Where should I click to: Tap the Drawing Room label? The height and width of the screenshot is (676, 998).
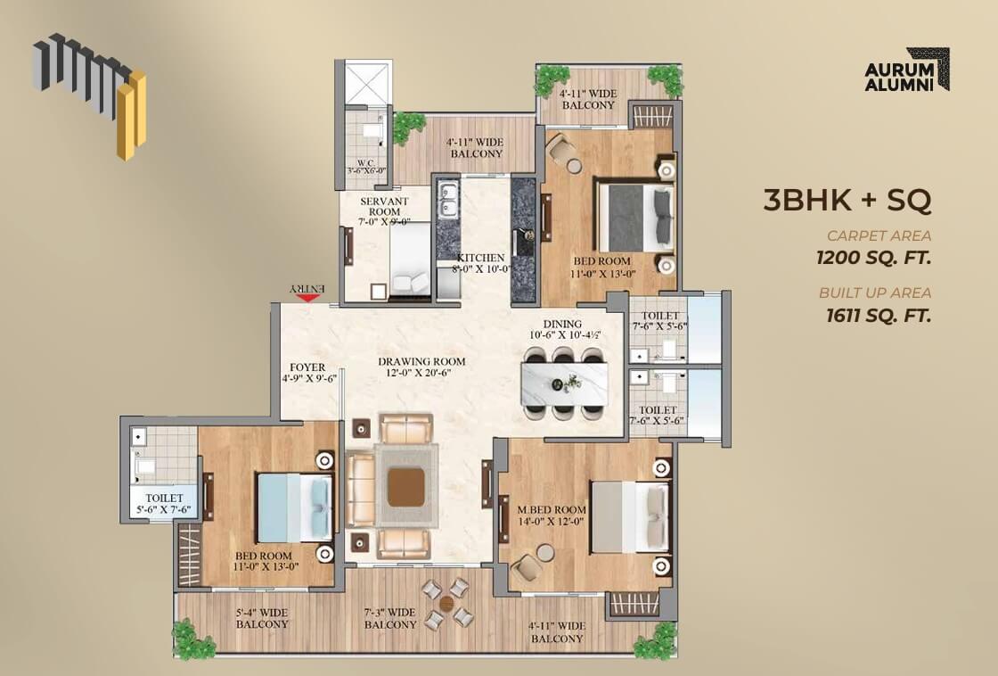tap(421, 367)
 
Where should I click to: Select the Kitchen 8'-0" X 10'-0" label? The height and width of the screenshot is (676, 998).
tap(482, 263)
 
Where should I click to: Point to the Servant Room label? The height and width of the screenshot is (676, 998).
tap(384, 211)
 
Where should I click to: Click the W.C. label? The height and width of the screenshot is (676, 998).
tap(365, 166)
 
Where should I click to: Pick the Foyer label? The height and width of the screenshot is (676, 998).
tap(308, 373)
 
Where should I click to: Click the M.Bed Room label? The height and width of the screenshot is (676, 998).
tap(552, 515)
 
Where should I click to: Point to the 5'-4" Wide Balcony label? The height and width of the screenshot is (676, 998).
tap(262, 619)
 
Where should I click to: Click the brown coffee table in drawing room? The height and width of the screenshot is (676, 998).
tap(406, 488)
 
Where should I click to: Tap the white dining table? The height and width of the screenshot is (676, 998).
tap(564, 384)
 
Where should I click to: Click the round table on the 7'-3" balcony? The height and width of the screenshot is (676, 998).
tap(447, 603)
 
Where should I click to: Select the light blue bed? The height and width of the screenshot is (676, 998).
tap(294, 507)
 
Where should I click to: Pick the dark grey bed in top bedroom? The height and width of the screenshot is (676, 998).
tap(634, 218)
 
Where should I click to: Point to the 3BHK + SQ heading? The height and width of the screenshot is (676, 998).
tap(847, 200)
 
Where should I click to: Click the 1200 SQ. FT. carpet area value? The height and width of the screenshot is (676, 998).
tap(874, 258)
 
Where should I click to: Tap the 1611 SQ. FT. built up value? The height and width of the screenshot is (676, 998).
tap(879, 316)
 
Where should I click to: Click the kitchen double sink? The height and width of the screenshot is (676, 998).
tap(448, 198)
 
